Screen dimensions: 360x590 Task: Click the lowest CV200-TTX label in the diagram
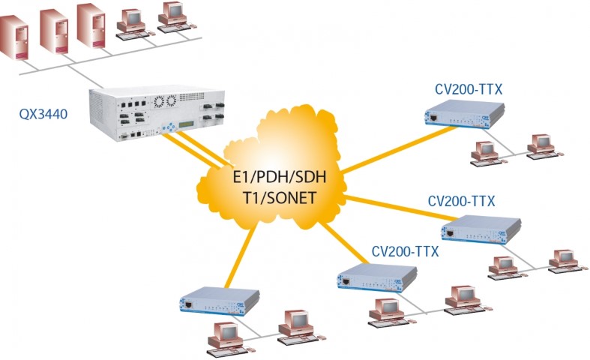tap(406, 251)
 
